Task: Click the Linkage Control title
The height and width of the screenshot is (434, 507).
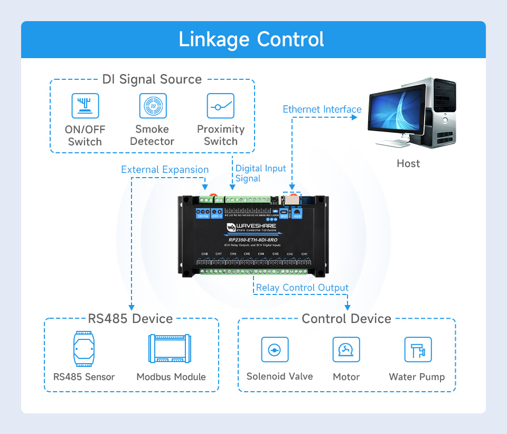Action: point(251,40)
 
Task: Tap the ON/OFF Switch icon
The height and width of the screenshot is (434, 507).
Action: point(85,106)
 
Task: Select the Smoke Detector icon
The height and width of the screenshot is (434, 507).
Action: point(153,106)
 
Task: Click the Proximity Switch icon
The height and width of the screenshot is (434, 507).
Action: point(220,106)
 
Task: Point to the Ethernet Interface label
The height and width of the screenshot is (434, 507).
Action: point(322,109)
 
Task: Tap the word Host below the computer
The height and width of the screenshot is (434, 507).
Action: point(408,163)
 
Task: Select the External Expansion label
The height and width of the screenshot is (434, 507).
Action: point(165,170)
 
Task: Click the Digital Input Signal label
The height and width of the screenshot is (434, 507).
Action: point(260,173)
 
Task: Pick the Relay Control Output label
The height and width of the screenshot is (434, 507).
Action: point(302,288)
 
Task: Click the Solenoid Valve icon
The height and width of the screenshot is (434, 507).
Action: point(275,350)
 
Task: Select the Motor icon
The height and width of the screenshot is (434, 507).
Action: point(346,350)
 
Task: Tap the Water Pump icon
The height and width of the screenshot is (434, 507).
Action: point(417,350)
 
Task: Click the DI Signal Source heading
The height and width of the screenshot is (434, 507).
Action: point(152,80)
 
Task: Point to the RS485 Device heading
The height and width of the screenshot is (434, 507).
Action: point(130,319)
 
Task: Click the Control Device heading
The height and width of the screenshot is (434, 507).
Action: point(346,319)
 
